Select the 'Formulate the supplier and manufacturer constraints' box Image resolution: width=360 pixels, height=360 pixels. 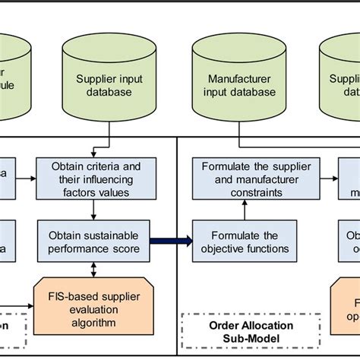pyautogui.click(x=238, y=179)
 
